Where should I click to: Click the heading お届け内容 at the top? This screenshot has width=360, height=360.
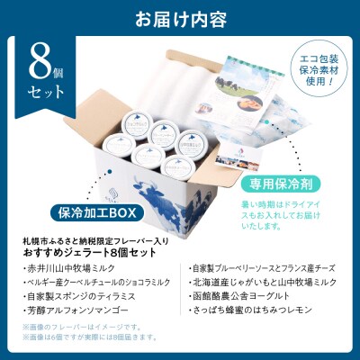180,17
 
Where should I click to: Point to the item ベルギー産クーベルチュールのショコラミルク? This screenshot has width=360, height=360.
91,281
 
